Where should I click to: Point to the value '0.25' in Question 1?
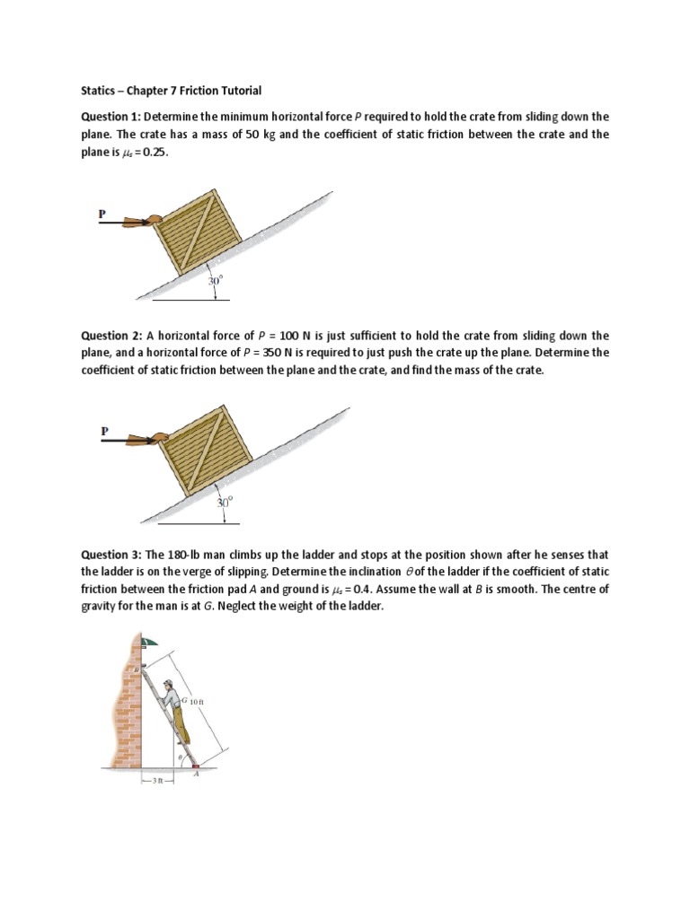click(154, 153)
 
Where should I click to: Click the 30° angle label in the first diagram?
click(215, 281)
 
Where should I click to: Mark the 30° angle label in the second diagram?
click(225, 503)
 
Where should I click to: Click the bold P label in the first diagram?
click(102, 214)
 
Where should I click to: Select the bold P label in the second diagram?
click(104, 432)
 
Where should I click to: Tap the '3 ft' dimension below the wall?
click(156, 781)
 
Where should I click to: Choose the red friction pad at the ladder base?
click(195, 766)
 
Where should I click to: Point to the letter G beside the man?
click(183, 699)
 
